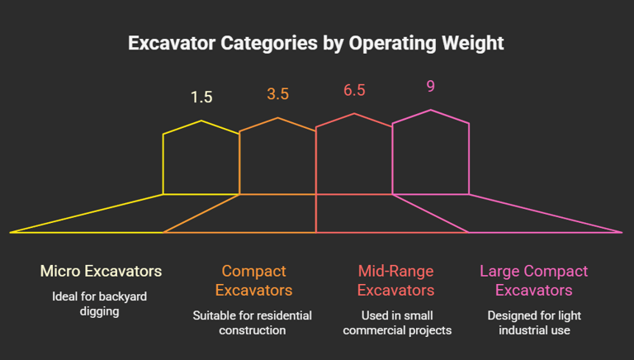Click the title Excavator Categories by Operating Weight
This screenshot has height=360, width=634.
[x=316, y=43]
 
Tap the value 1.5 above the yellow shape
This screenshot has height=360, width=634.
[x=201, y=97]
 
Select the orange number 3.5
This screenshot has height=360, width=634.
[x=277, y=93]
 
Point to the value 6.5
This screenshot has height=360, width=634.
[x=354, y=89]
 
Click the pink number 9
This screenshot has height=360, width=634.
[x=431, y=85]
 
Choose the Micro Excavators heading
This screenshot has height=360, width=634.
[x=101, y=271]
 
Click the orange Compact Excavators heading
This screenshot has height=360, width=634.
[x=253, y=280]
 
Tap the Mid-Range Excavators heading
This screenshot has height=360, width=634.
[x=395, y=280]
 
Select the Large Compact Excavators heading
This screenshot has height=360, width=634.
[x=533, y=280]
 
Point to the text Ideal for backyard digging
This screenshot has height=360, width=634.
[x=101, y=304]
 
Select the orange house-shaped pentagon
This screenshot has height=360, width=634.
[x=277, y=158]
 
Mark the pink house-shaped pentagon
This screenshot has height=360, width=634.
[x=431, y=154]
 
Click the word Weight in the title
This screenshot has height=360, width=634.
[x=471, y=43]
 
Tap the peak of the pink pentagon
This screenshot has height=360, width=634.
[x=431, y=110]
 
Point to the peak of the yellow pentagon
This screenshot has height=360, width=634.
[x=201, y=121]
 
